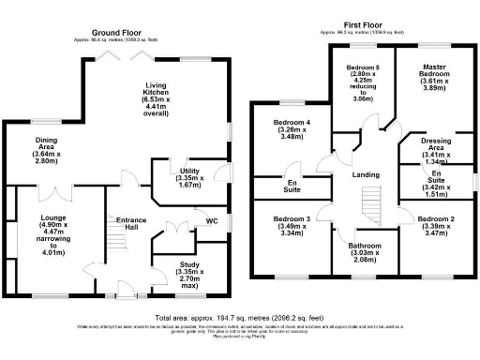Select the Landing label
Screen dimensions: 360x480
point(365,176)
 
